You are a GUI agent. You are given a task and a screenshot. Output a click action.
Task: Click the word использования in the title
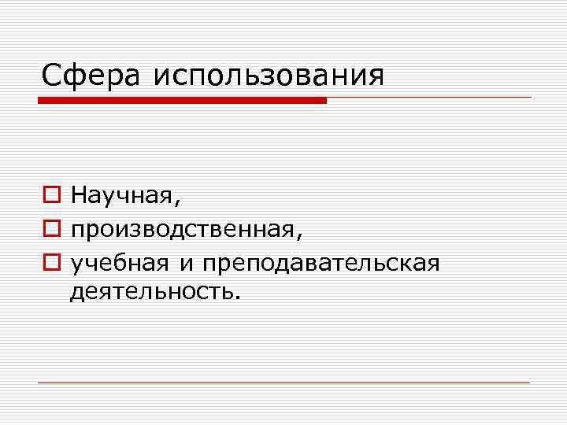click(x=269, y=77)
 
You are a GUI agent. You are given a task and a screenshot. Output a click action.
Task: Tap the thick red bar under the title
click(x=182, y=100)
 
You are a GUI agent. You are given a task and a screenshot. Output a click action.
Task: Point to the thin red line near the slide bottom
click(x=283, y=382)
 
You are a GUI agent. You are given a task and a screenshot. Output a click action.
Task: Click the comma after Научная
click(x=178, y=202)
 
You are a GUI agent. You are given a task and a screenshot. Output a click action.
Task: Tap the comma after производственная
click(x=298, y=237)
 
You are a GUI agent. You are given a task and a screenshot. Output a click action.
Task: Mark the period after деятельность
click(x=233, y=298)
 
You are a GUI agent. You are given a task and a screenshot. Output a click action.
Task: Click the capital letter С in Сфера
click(x=52, y=76)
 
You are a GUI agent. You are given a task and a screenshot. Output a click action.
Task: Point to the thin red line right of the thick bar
click(x=429, y=98)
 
